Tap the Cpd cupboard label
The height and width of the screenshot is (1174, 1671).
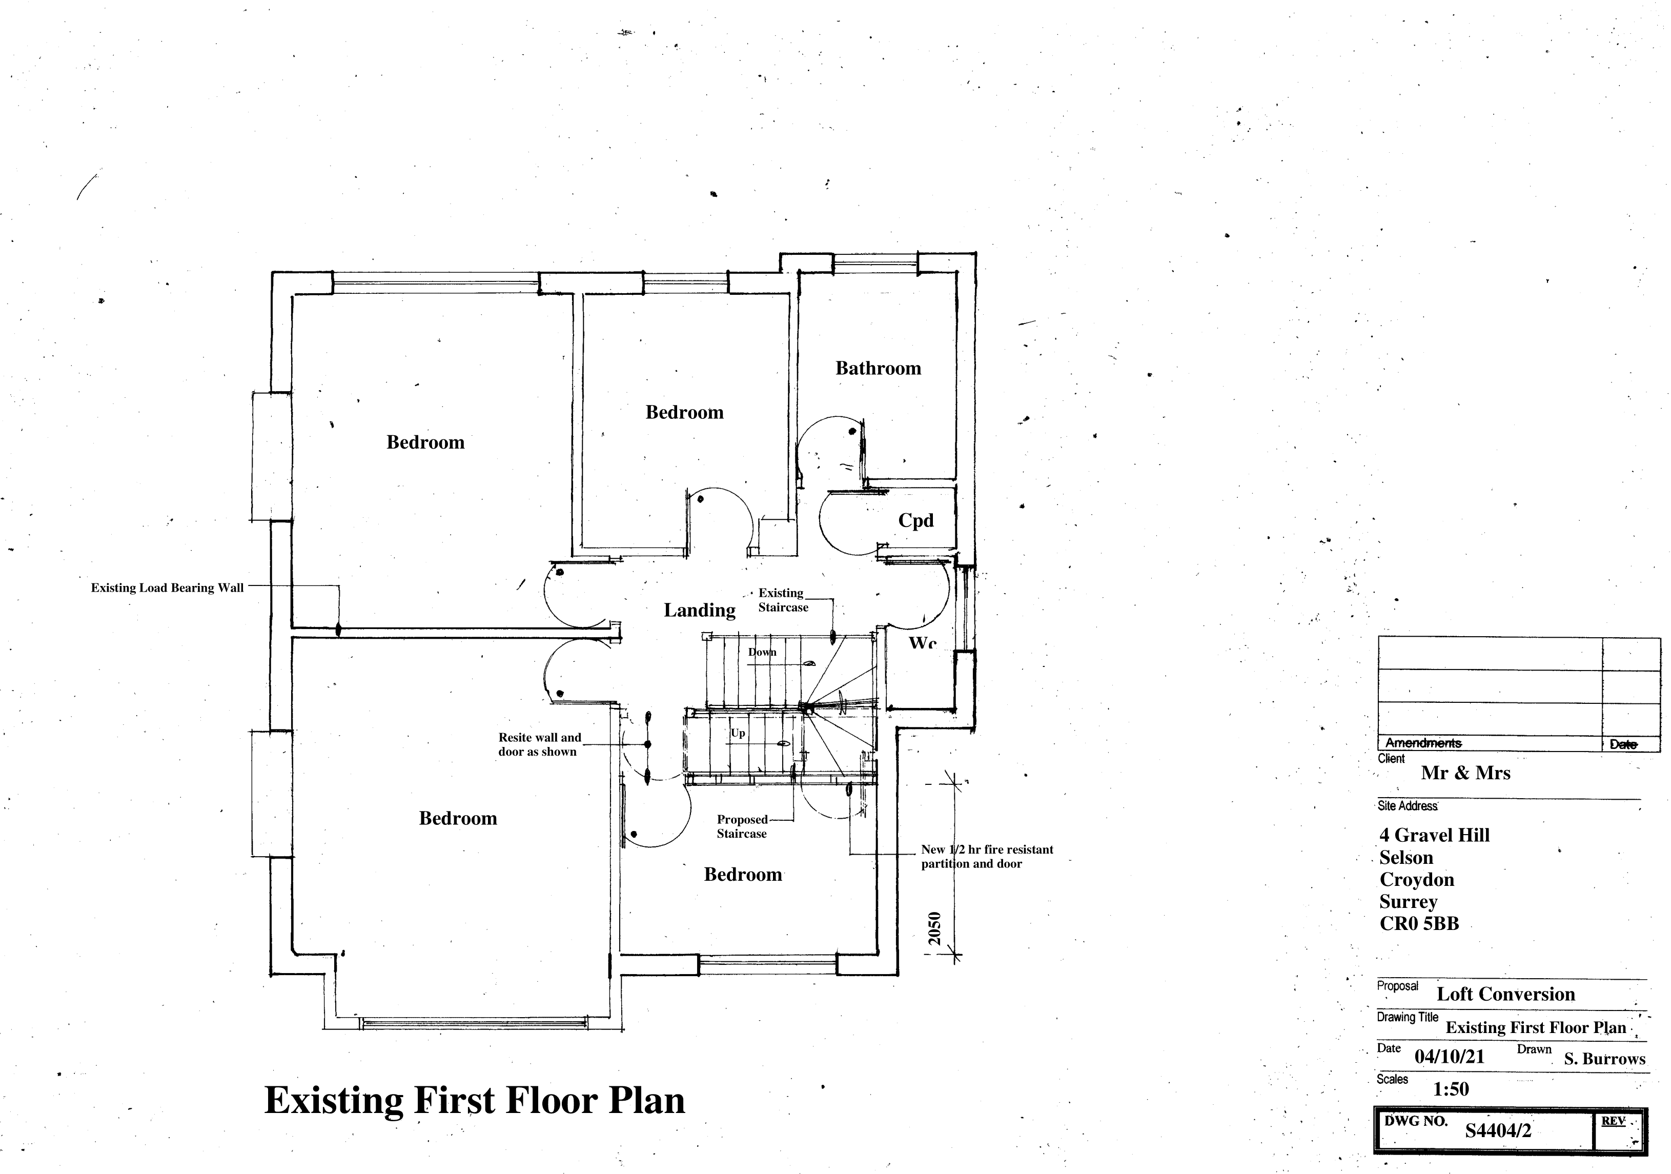[x=915, y=520]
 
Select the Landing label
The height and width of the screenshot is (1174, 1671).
[x=699, y=610]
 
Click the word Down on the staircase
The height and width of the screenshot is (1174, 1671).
[x=762, y=652]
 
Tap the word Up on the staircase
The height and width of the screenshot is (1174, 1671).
[x=738, y=733]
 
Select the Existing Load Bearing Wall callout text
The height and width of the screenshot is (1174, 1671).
[x=168, y=588]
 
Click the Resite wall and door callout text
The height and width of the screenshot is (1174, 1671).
[x=539, y=744]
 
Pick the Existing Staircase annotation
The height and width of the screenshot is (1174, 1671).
[x=783, y=600]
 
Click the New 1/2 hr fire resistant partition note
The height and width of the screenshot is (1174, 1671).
[x=987, y=857]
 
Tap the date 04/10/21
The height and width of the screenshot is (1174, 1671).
[x=1449, y=1056]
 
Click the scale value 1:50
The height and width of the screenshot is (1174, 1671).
[x=1451, y=1089]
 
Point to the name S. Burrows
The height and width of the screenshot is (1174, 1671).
[x=1605, y=1059]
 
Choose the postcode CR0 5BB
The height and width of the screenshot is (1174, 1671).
[x=1419, y=924]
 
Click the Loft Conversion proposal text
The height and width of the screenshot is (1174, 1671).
[x=1506, y=994]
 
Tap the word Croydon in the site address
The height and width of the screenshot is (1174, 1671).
[x=1417, y=879]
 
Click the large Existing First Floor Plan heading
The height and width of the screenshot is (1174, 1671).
[x=475, y=1100]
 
